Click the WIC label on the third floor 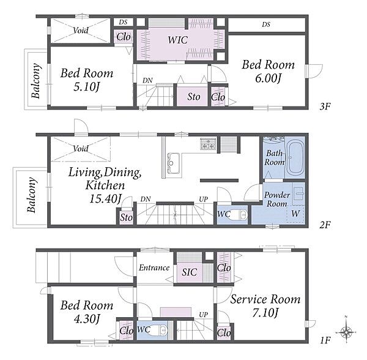177,40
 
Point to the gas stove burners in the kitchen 208,144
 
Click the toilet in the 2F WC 240,214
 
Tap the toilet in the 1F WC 160,330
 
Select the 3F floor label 325,107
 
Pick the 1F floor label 325,340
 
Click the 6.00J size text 268,78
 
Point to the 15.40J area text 106,199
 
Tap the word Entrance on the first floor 154,268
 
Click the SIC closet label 189,272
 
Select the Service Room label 265,299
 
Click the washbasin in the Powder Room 298,193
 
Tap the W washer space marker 295,214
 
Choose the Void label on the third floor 81,31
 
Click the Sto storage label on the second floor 126,217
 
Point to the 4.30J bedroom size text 87,318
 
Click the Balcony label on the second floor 32,195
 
